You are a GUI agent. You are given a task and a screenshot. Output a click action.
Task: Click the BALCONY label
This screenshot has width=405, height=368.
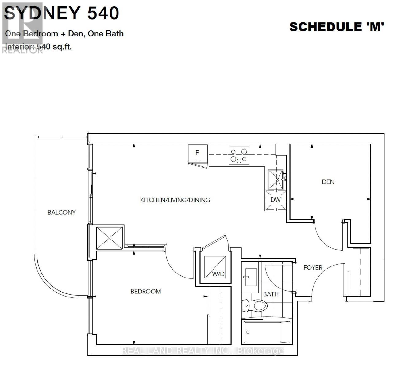point(61,212)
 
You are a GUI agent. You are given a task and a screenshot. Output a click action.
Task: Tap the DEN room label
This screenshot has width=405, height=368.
point(328,182)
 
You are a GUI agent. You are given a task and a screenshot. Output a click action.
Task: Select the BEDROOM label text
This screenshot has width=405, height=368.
point(146,291)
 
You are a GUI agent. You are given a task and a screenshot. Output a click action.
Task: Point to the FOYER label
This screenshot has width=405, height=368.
point(313,267)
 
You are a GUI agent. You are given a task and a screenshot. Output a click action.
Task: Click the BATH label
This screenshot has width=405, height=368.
point(271,294)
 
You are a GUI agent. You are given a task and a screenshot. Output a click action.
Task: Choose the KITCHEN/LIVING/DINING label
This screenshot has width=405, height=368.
point(175,200)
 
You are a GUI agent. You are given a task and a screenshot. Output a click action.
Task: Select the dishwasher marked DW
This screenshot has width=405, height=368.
point(276,200)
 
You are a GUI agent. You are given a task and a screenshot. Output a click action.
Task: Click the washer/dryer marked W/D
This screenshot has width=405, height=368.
point(215,267)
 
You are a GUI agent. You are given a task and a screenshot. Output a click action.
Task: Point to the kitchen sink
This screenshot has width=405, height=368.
point(275,179)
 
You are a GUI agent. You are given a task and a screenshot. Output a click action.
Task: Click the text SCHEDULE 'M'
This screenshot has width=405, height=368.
point(337,27)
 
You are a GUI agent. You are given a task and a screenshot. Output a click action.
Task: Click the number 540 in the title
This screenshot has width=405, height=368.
point(103,13)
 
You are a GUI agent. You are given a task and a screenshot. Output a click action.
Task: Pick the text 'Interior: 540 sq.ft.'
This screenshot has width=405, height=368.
point(39,47)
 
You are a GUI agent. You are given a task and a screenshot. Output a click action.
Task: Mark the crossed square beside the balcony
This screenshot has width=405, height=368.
point(109,238)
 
